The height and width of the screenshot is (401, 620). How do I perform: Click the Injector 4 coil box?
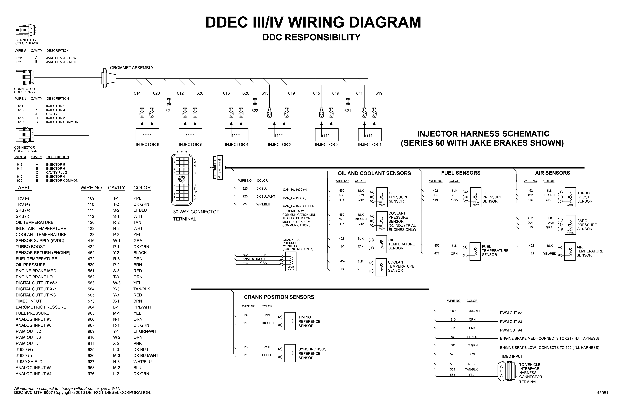tap(236, 135)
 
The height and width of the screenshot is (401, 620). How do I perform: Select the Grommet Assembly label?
tap(132, 68)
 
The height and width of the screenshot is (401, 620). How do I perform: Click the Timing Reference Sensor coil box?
tap(290, 321)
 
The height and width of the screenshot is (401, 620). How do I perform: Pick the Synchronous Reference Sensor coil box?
tap(290, 353)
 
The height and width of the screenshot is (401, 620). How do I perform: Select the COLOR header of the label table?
tap(142, 188)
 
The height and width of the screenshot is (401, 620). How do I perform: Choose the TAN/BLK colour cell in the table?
tap(142, 289)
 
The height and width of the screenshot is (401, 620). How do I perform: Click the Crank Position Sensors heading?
tap(279, 297)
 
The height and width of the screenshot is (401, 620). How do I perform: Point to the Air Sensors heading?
tap(553, 173)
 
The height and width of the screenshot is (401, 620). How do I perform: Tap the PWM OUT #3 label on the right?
tap(511, 322)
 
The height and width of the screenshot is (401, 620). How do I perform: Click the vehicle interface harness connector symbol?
tap(507, 371)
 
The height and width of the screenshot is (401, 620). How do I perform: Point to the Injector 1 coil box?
tap(370, 135)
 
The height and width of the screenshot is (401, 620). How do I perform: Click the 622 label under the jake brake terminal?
tap(255, 111)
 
